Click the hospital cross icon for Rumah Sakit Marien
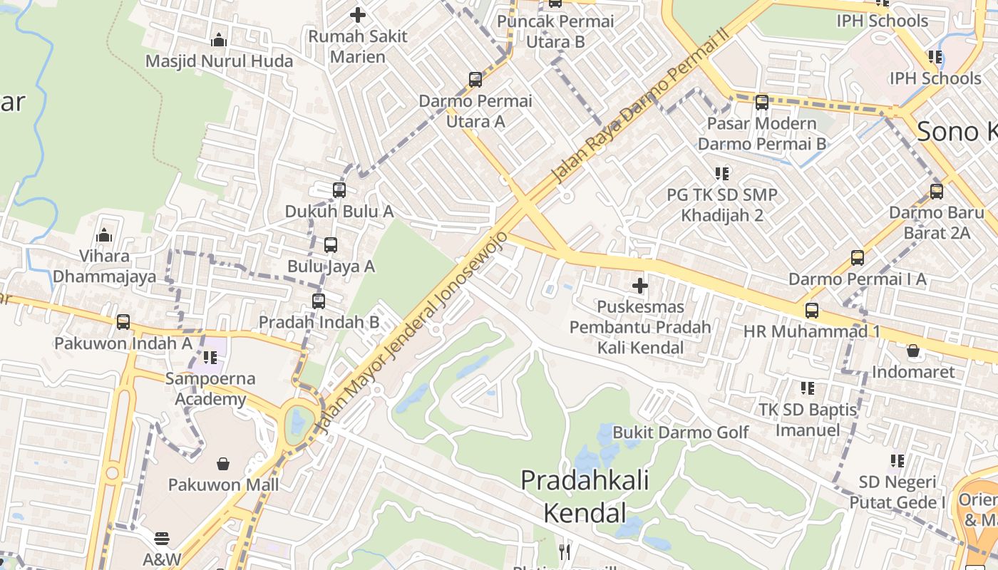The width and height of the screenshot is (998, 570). tap(358, 14)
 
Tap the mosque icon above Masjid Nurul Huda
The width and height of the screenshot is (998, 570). tap(219, 41)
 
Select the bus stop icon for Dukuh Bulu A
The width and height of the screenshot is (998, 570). tap(339, 190)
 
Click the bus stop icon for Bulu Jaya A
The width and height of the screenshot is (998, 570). tap(331, 245)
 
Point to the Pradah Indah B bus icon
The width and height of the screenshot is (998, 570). tap(319, 301)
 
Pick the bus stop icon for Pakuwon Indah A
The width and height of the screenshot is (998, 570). tap(123, 322)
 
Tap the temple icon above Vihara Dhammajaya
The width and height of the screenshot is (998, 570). tap(104, 234)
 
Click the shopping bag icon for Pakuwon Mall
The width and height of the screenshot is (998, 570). tap(223, 464)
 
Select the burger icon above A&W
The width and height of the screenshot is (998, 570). tap(162, 539)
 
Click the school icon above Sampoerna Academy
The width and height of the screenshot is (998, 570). tap(210, 357)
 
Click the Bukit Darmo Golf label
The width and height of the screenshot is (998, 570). tap(681, 432)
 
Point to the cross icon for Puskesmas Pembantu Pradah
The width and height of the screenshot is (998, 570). tap(640, 286)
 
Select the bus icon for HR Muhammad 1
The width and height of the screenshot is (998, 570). tap(811, 311)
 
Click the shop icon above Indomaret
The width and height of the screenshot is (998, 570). tap(912, 351)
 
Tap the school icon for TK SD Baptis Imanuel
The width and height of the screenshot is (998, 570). tap(807, 388)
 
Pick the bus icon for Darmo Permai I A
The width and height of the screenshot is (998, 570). tap(857, 258)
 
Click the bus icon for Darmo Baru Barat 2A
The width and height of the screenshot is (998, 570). tap(937, 192)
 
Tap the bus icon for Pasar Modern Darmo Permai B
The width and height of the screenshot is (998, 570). tap(762, 103)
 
